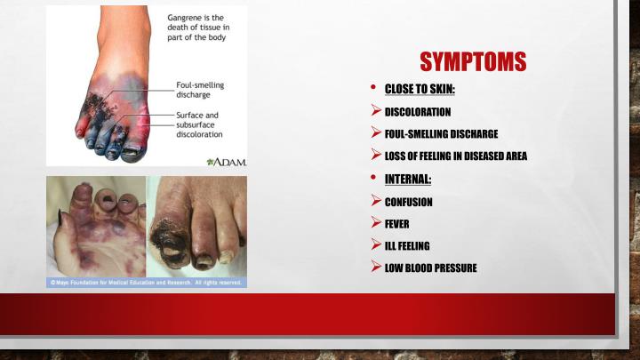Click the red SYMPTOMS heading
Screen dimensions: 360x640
tap(473, 61)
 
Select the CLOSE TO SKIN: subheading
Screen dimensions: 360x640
tap(420, 89)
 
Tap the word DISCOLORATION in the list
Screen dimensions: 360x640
tap(417, 112)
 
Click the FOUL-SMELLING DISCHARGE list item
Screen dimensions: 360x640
tap(440, 134)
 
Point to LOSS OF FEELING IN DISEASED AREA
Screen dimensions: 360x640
tap(455, 156)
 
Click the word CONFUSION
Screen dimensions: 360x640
tap(408, 202)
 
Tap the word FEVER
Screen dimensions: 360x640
tap(396, 223)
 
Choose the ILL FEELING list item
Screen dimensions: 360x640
tap(406, 245)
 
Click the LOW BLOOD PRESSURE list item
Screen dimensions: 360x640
tap(430, 268)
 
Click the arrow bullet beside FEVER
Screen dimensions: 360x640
tap(376, 223)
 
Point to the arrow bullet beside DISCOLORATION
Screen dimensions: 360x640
tap(376, 112)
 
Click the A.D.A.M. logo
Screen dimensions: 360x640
tap(226, 162)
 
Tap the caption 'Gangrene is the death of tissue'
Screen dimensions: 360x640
tap(199, 28)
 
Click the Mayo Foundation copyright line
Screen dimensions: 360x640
tap(146, 283)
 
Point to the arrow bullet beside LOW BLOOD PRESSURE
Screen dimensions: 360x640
tap(376, 268)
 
